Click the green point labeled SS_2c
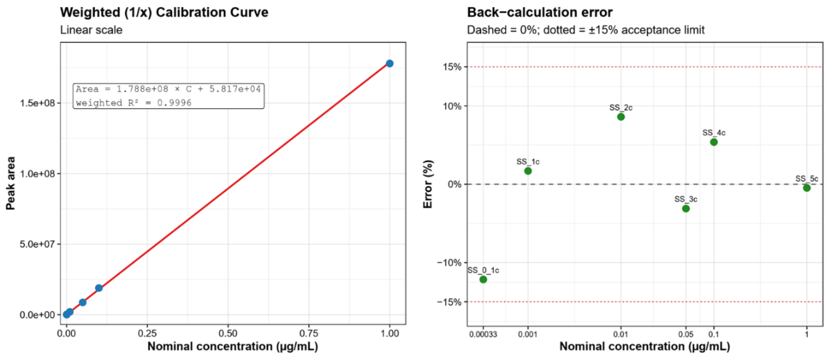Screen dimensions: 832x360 [x=621, y=117]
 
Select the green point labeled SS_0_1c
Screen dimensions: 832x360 [x=483, y=279]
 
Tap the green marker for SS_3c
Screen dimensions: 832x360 [x=686, y=209]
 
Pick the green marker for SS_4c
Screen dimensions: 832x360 [x=714, y=142]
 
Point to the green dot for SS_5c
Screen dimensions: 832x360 [x=807, y=188]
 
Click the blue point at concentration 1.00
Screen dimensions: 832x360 [x=390, y=63]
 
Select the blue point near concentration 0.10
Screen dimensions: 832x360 [x=99, y=288]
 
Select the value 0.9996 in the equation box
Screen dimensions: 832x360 [x=174, y=103]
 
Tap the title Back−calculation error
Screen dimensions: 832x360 [x=540, y=12]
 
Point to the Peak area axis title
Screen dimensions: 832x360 [x=11, y=183]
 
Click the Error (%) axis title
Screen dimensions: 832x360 [x=428, y=184]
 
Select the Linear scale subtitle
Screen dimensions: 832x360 [x=91, y=30]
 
